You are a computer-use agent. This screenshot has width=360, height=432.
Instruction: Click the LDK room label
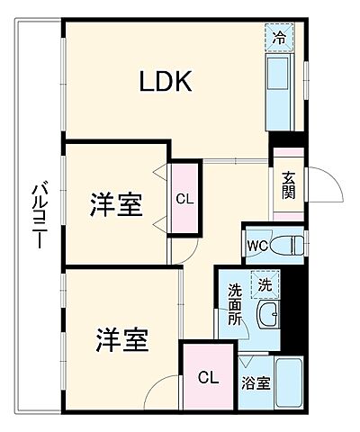[x=166, y=82]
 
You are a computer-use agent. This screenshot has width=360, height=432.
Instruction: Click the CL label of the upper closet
[x=184, y=198]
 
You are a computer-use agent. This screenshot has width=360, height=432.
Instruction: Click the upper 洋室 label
[x=115, y=204]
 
